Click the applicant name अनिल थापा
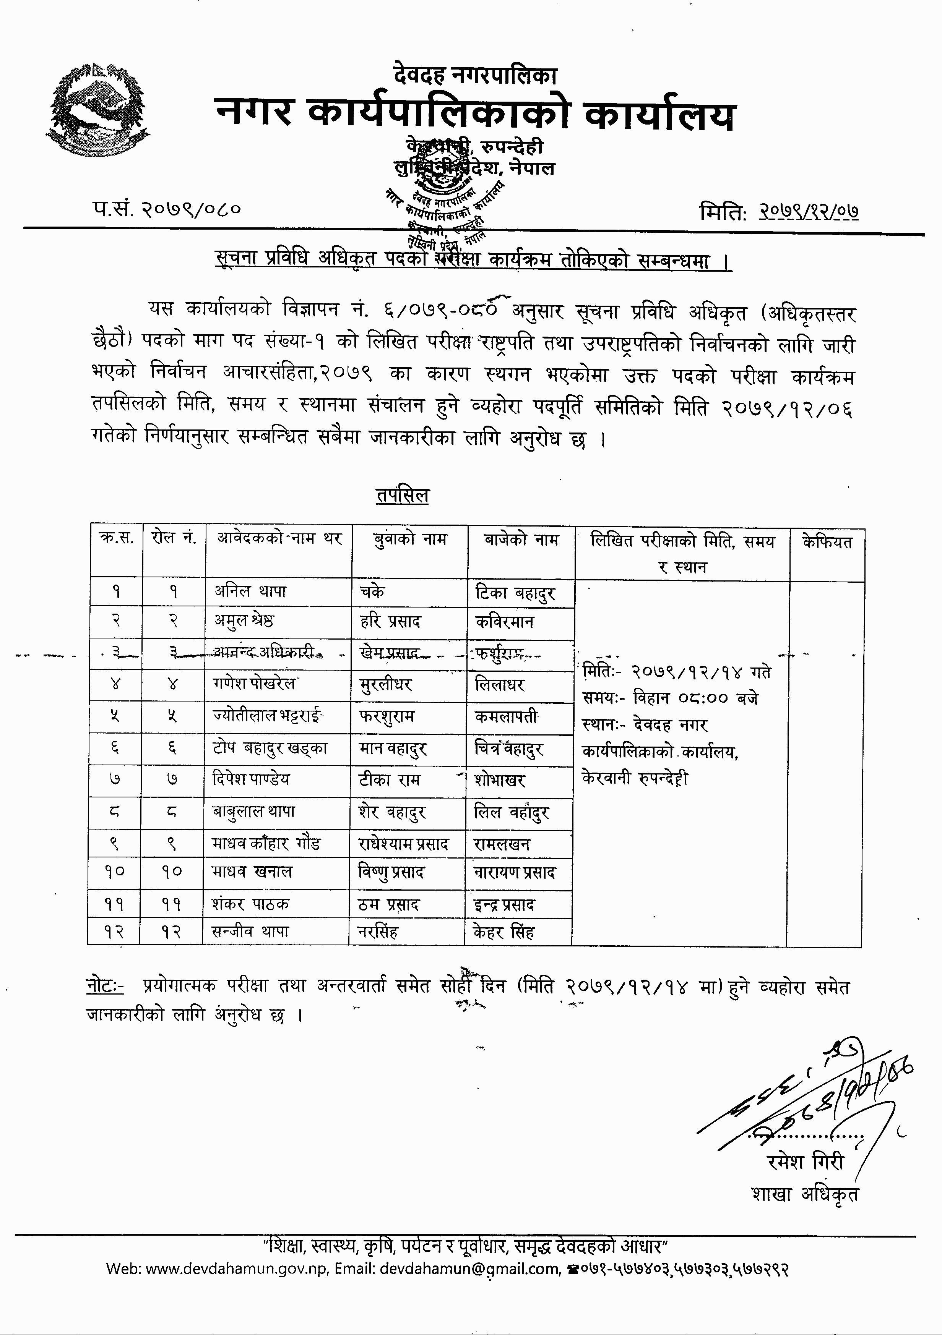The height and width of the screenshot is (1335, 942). tap(250, 592)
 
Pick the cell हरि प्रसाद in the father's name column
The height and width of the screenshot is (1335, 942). tap(390, 622)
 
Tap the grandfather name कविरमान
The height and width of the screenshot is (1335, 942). tap(505, 622)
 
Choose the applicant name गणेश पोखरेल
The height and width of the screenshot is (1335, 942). tap(254, 684)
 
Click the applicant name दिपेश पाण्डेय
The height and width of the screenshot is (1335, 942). tap(251, 779)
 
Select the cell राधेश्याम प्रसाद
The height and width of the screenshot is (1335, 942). tap(404, 844)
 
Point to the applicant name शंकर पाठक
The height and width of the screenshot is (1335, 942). tap(250, 904)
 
